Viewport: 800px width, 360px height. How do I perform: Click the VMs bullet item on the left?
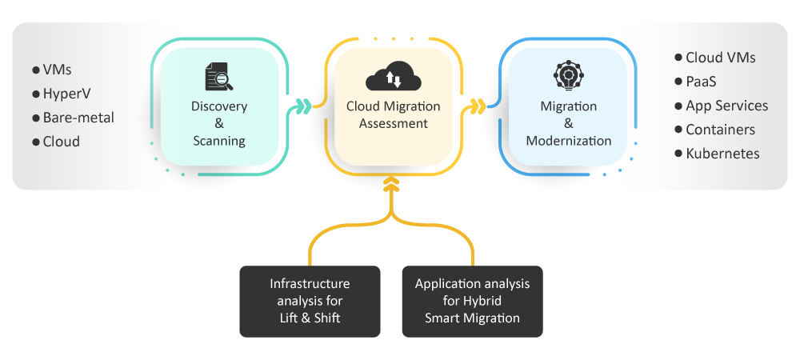click(51, 70)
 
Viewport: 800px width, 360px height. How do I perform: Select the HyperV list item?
click(62, 94)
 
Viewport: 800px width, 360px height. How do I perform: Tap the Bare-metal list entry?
click(73, 118)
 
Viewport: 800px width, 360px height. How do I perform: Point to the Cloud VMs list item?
click(714, 58)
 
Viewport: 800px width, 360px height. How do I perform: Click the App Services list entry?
click(721, 106)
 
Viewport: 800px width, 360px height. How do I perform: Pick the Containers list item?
click(714, 130)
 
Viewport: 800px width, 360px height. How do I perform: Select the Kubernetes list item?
click(717, 154)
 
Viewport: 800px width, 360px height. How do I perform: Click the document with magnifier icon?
click(219, 77)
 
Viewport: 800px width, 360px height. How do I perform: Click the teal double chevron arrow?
click(303, 106)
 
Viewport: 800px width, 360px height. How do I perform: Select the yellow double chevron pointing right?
click(478, 106)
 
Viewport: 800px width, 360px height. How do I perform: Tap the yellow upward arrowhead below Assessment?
click(391, 185)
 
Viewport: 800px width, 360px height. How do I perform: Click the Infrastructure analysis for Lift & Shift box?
click(310, 302)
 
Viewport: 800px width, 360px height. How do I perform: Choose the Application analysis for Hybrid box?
click(473, 302)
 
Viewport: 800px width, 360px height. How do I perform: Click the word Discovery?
click(219, 106)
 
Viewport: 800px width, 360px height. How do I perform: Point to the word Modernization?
click(568, 141)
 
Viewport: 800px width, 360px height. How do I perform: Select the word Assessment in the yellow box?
click(394, 123)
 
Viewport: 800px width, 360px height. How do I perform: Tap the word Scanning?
click(219, 142)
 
